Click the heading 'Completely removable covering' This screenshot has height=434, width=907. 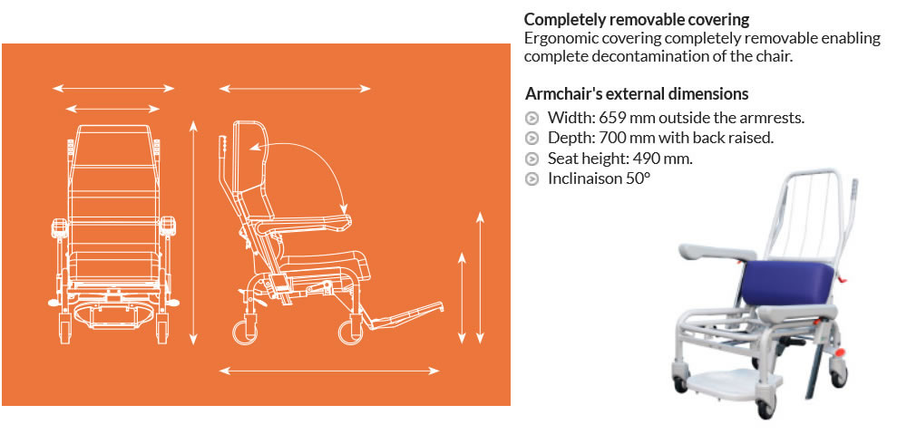point(637,19)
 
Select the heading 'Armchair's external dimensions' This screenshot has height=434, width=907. point(637,93)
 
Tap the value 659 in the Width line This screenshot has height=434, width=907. point(612,118)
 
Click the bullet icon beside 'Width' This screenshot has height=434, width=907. point(532,119)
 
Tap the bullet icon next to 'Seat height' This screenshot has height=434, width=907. point(532,159)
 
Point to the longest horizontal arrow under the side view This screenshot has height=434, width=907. point(329,371)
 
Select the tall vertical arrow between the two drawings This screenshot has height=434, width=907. point(194,232)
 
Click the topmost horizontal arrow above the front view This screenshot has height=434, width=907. point(113,89)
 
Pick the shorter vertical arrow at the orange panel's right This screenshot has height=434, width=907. point(462,297)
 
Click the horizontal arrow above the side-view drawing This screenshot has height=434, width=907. point(295,89)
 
